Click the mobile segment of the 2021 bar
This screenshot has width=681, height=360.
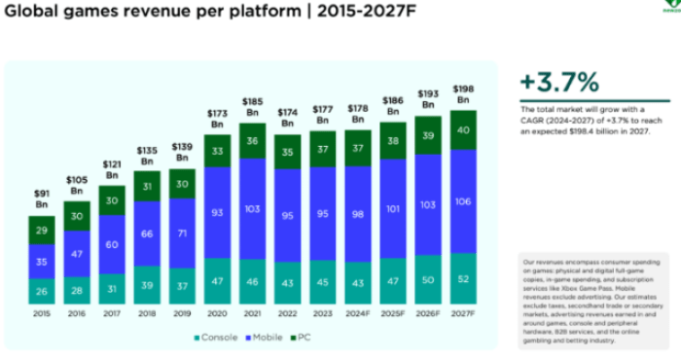(253, 210)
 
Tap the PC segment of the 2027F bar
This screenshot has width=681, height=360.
(463, 129)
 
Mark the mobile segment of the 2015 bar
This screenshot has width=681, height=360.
(41, 261)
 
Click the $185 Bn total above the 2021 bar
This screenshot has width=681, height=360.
(253, 107)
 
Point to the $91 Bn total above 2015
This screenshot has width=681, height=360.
(41, 198)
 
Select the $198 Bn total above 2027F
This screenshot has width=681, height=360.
(463, 94)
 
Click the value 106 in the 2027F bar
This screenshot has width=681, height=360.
(463, 201)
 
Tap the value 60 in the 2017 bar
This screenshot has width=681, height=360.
(112, 245)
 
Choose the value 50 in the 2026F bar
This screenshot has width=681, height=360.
(428, 279)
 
